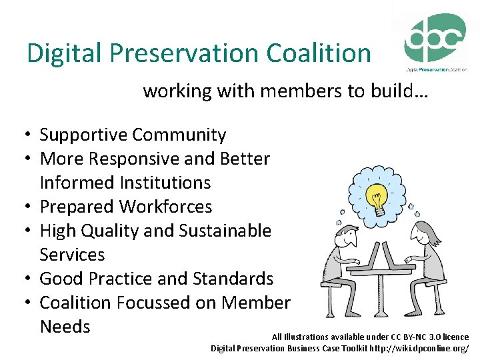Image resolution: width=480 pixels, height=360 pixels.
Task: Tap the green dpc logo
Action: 435,39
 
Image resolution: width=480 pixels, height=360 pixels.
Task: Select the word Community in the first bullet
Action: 179,135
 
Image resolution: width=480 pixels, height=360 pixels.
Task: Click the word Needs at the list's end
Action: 65,327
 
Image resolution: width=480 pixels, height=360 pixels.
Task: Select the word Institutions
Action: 125,183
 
